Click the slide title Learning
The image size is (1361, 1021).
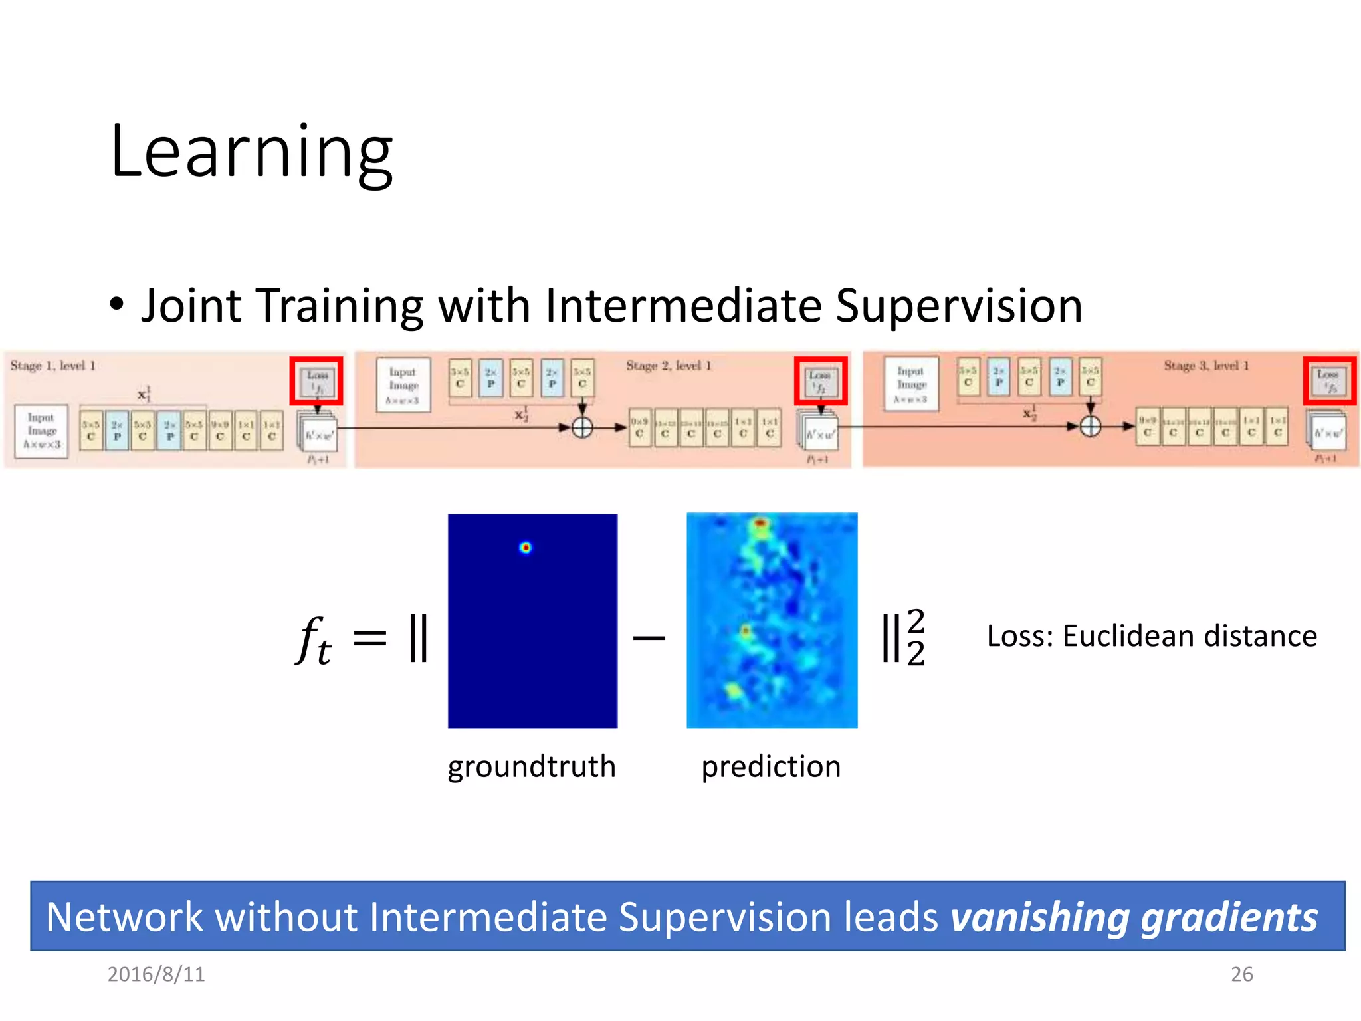251,153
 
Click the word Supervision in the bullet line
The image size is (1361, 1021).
958,306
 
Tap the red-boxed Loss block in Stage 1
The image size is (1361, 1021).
316,381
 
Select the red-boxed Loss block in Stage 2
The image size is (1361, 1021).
821,381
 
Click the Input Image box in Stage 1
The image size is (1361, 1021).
41,431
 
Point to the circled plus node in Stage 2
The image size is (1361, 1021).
582,427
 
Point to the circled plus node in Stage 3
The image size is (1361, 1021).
1090,426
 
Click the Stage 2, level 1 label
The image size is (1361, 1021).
669,366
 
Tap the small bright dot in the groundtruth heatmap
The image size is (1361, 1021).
526,548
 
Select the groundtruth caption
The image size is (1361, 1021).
532,766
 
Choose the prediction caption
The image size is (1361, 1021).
771,766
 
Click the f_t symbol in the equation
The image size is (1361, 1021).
312,639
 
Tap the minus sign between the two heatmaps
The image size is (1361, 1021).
649,639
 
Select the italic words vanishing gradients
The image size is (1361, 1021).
1134,917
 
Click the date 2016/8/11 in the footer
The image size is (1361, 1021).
156,974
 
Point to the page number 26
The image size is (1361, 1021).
1241,974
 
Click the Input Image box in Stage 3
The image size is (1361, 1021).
911,385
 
